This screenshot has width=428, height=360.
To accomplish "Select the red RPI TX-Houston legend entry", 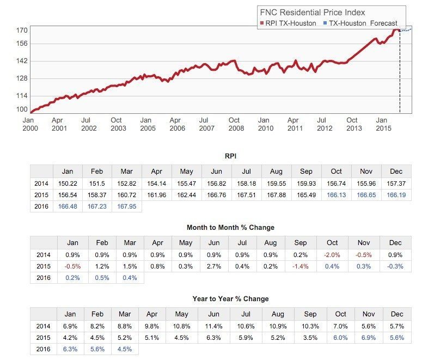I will click(288, 23).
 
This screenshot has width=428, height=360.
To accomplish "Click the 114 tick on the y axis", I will click(21, 95).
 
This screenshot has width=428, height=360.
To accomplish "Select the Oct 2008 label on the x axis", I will click(234, 124).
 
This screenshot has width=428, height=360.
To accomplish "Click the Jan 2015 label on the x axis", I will click(382, 124).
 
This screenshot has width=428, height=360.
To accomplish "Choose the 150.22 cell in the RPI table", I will click(68, 183).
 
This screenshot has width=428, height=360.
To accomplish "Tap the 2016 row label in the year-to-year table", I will click(42, 350).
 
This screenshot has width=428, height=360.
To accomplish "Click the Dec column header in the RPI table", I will click(396, 171).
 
